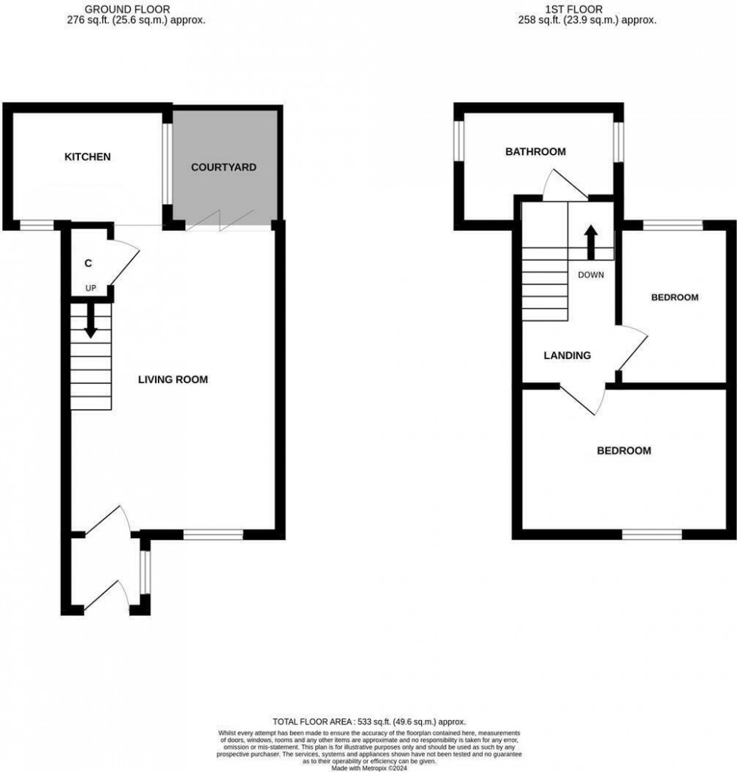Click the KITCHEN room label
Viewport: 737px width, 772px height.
coord(87,157)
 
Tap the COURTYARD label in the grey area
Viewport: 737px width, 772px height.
coord(223,167)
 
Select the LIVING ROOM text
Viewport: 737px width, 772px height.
coord(173,379)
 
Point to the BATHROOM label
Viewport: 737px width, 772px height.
coord(535,152)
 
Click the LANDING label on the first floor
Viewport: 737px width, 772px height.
coord(567,356)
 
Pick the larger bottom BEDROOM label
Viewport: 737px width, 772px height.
coord(623,451)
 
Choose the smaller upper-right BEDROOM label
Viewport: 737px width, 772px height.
coord(674,297)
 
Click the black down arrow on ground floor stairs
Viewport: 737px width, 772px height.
coord(90,320)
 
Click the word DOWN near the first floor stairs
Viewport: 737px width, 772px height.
coord(590,275)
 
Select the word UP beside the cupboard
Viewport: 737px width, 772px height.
coord(90,288)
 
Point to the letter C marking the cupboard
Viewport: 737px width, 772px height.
coord(88,263)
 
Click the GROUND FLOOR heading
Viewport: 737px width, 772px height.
coord(117,10)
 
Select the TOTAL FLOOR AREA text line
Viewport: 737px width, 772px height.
coord(368,721)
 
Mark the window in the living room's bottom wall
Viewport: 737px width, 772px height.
coord(214,535)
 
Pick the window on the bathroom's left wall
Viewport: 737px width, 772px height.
coord(457,141)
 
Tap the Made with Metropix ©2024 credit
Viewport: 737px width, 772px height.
coord(368,766)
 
